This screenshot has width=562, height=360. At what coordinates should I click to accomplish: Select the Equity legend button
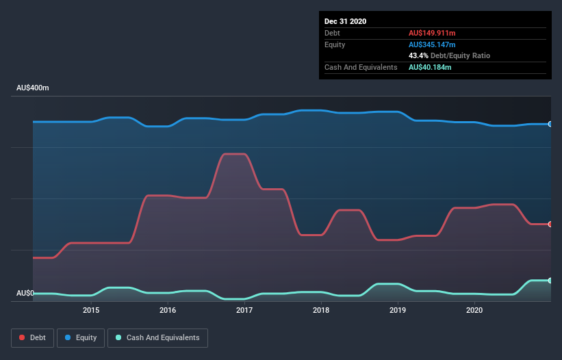coord(81,337)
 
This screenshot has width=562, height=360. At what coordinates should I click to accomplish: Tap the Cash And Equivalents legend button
coord(157,337)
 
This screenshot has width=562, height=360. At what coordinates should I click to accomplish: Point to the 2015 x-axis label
coord(91,310)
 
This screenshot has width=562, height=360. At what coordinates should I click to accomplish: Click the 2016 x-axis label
coord(168,310)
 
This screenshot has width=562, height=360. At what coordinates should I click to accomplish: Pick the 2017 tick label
coord(244,310)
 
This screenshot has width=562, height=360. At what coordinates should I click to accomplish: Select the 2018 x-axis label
coord(321,310)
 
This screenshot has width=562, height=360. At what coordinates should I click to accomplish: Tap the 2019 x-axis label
coord(398,310)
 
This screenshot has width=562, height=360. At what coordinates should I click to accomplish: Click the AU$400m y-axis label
coord(33,88)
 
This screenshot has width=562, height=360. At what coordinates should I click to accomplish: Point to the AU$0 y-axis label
coord(25,293)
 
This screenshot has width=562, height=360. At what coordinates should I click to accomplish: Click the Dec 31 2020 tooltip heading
coord(346,21)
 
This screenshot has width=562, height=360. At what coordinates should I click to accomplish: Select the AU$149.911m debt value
coord(432,33)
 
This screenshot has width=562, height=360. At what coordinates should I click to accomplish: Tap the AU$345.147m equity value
coord(432,44)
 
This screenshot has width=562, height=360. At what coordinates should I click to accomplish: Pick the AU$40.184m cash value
coord(430,67)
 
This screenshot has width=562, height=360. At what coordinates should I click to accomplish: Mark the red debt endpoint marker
coord(550,224)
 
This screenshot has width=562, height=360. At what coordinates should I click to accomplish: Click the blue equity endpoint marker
coord(550,124)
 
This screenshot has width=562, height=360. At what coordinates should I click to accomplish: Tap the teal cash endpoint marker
coord(550,281)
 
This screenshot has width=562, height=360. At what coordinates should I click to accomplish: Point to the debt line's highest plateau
coord(235,154)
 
